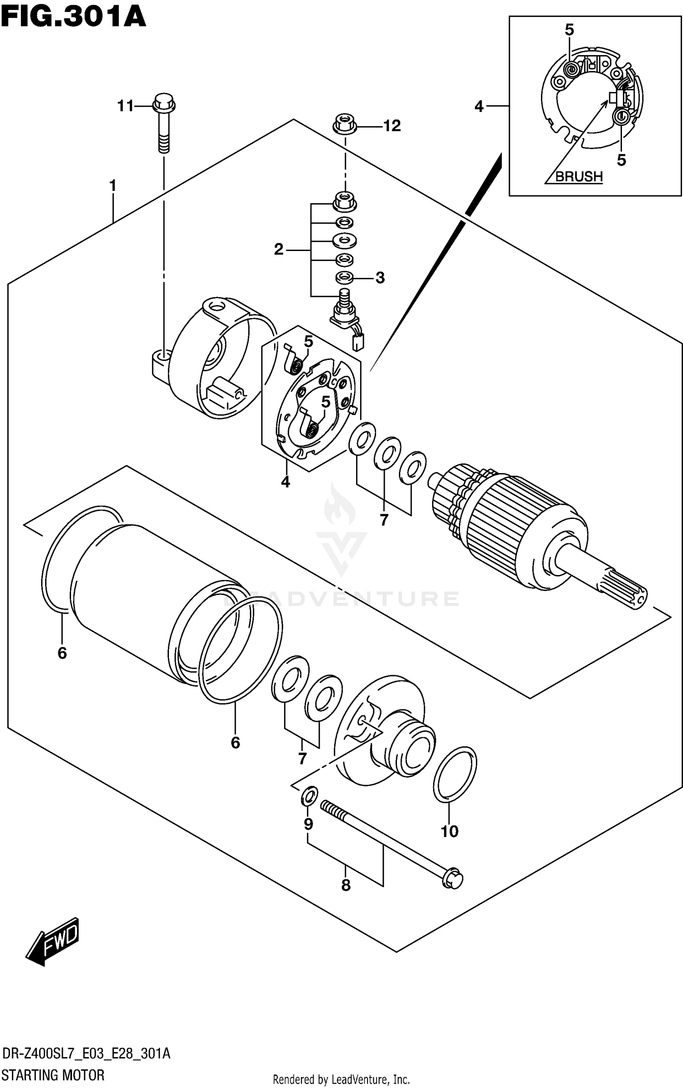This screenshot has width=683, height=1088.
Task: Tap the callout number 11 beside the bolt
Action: point(125,106)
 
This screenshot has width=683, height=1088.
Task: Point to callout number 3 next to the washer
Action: point(380,277)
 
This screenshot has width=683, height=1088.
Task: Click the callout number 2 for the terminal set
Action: point(279,249)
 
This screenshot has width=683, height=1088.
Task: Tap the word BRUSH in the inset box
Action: point(579,176)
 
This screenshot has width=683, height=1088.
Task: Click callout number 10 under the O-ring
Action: point(449,831)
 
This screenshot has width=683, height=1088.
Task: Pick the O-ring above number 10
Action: point(454,774)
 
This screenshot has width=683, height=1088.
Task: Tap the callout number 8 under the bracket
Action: point(346,885)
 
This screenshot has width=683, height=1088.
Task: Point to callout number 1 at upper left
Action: point(112,185)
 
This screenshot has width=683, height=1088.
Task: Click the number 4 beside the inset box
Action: point(479,107)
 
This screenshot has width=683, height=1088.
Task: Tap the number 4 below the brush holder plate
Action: point(285,481)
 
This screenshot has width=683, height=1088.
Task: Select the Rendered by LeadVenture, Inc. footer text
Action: point(341,1079)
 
